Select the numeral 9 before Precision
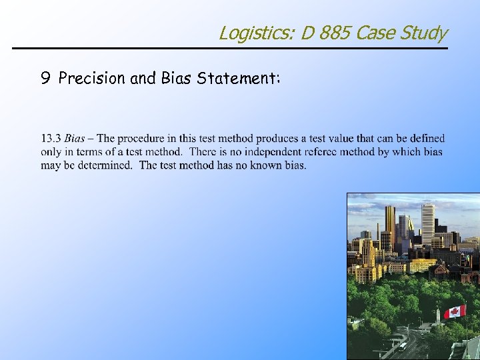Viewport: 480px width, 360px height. click(x=45, y=79)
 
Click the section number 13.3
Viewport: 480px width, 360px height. click(x=51, y=139)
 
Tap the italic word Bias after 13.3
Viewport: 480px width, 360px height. click(x=75, y=139)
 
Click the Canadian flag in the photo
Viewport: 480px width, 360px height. click(x=455, y=312)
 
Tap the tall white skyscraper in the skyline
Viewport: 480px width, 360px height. click(x=427, y=224)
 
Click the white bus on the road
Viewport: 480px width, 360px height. click(x=403, y=345)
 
